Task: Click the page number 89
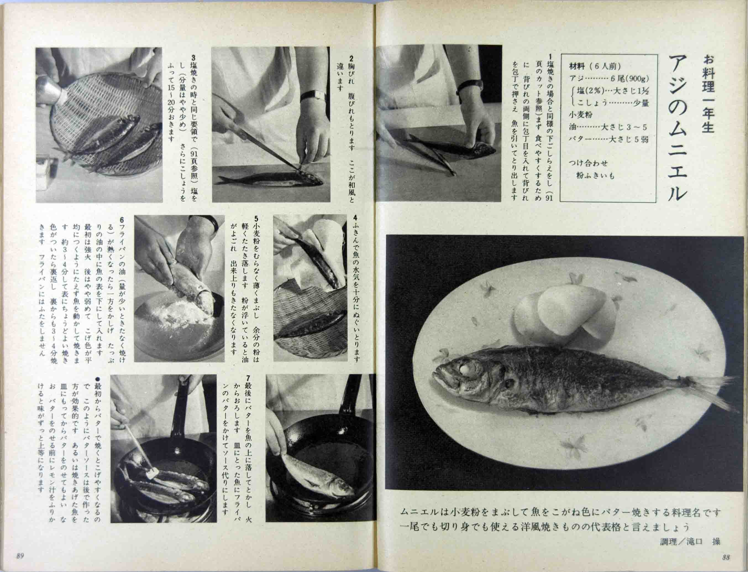pyautogui.click(x=20, y=556)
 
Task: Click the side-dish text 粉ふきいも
pyautogui.click(x=595, y=175)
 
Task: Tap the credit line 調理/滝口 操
pyautogui.click(x=689, y=541)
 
